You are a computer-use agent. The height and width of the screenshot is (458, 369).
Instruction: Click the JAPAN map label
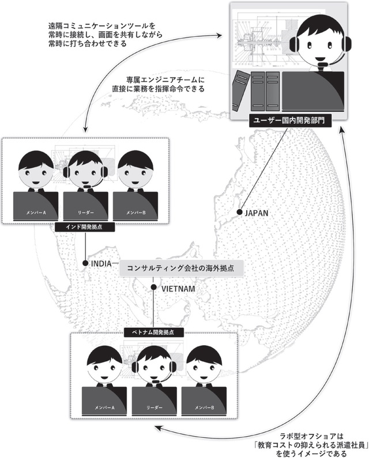[257, 213]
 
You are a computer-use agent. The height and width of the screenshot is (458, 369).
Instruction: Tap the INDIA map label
[103, 263]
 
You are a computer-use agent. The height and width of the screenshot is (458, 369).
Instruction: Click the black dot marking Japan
[239, 213]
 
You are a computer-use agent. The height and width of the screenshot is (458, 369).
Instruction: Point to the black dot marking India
[85, 263]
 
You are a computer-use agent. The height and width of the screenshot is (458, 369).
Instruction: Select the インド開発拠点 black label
[84, 228]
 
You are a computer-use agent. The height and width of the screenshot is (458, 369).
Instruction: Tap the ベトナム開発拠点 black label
[153, 333]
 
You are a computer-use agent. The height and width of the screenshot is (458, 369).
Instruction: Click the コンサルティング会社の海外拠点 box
[182, 269]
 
